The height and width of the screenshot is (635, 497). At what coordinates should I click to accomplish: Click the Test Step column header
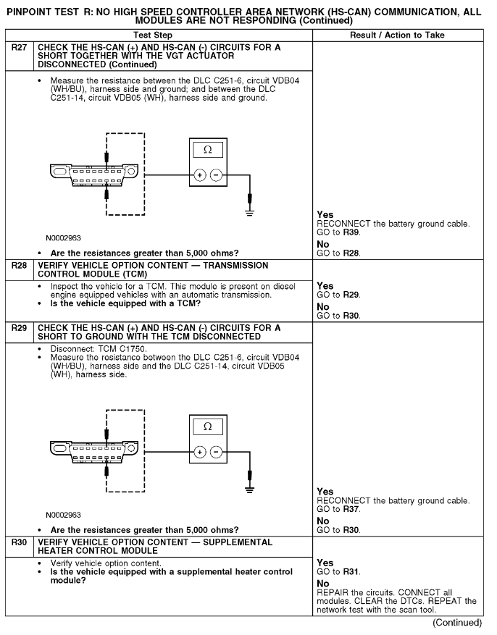[x=164, y=35]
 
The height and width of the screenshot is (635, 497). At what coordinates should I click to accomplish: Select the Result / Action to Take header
[x=401, y=35]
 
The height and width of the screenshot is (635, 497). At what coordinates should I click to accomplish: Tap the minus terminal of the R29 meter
[x=216, y=452]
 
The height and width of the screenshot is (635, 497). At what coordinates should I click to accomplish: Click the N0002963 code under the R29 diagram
[x=63, y=516]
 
